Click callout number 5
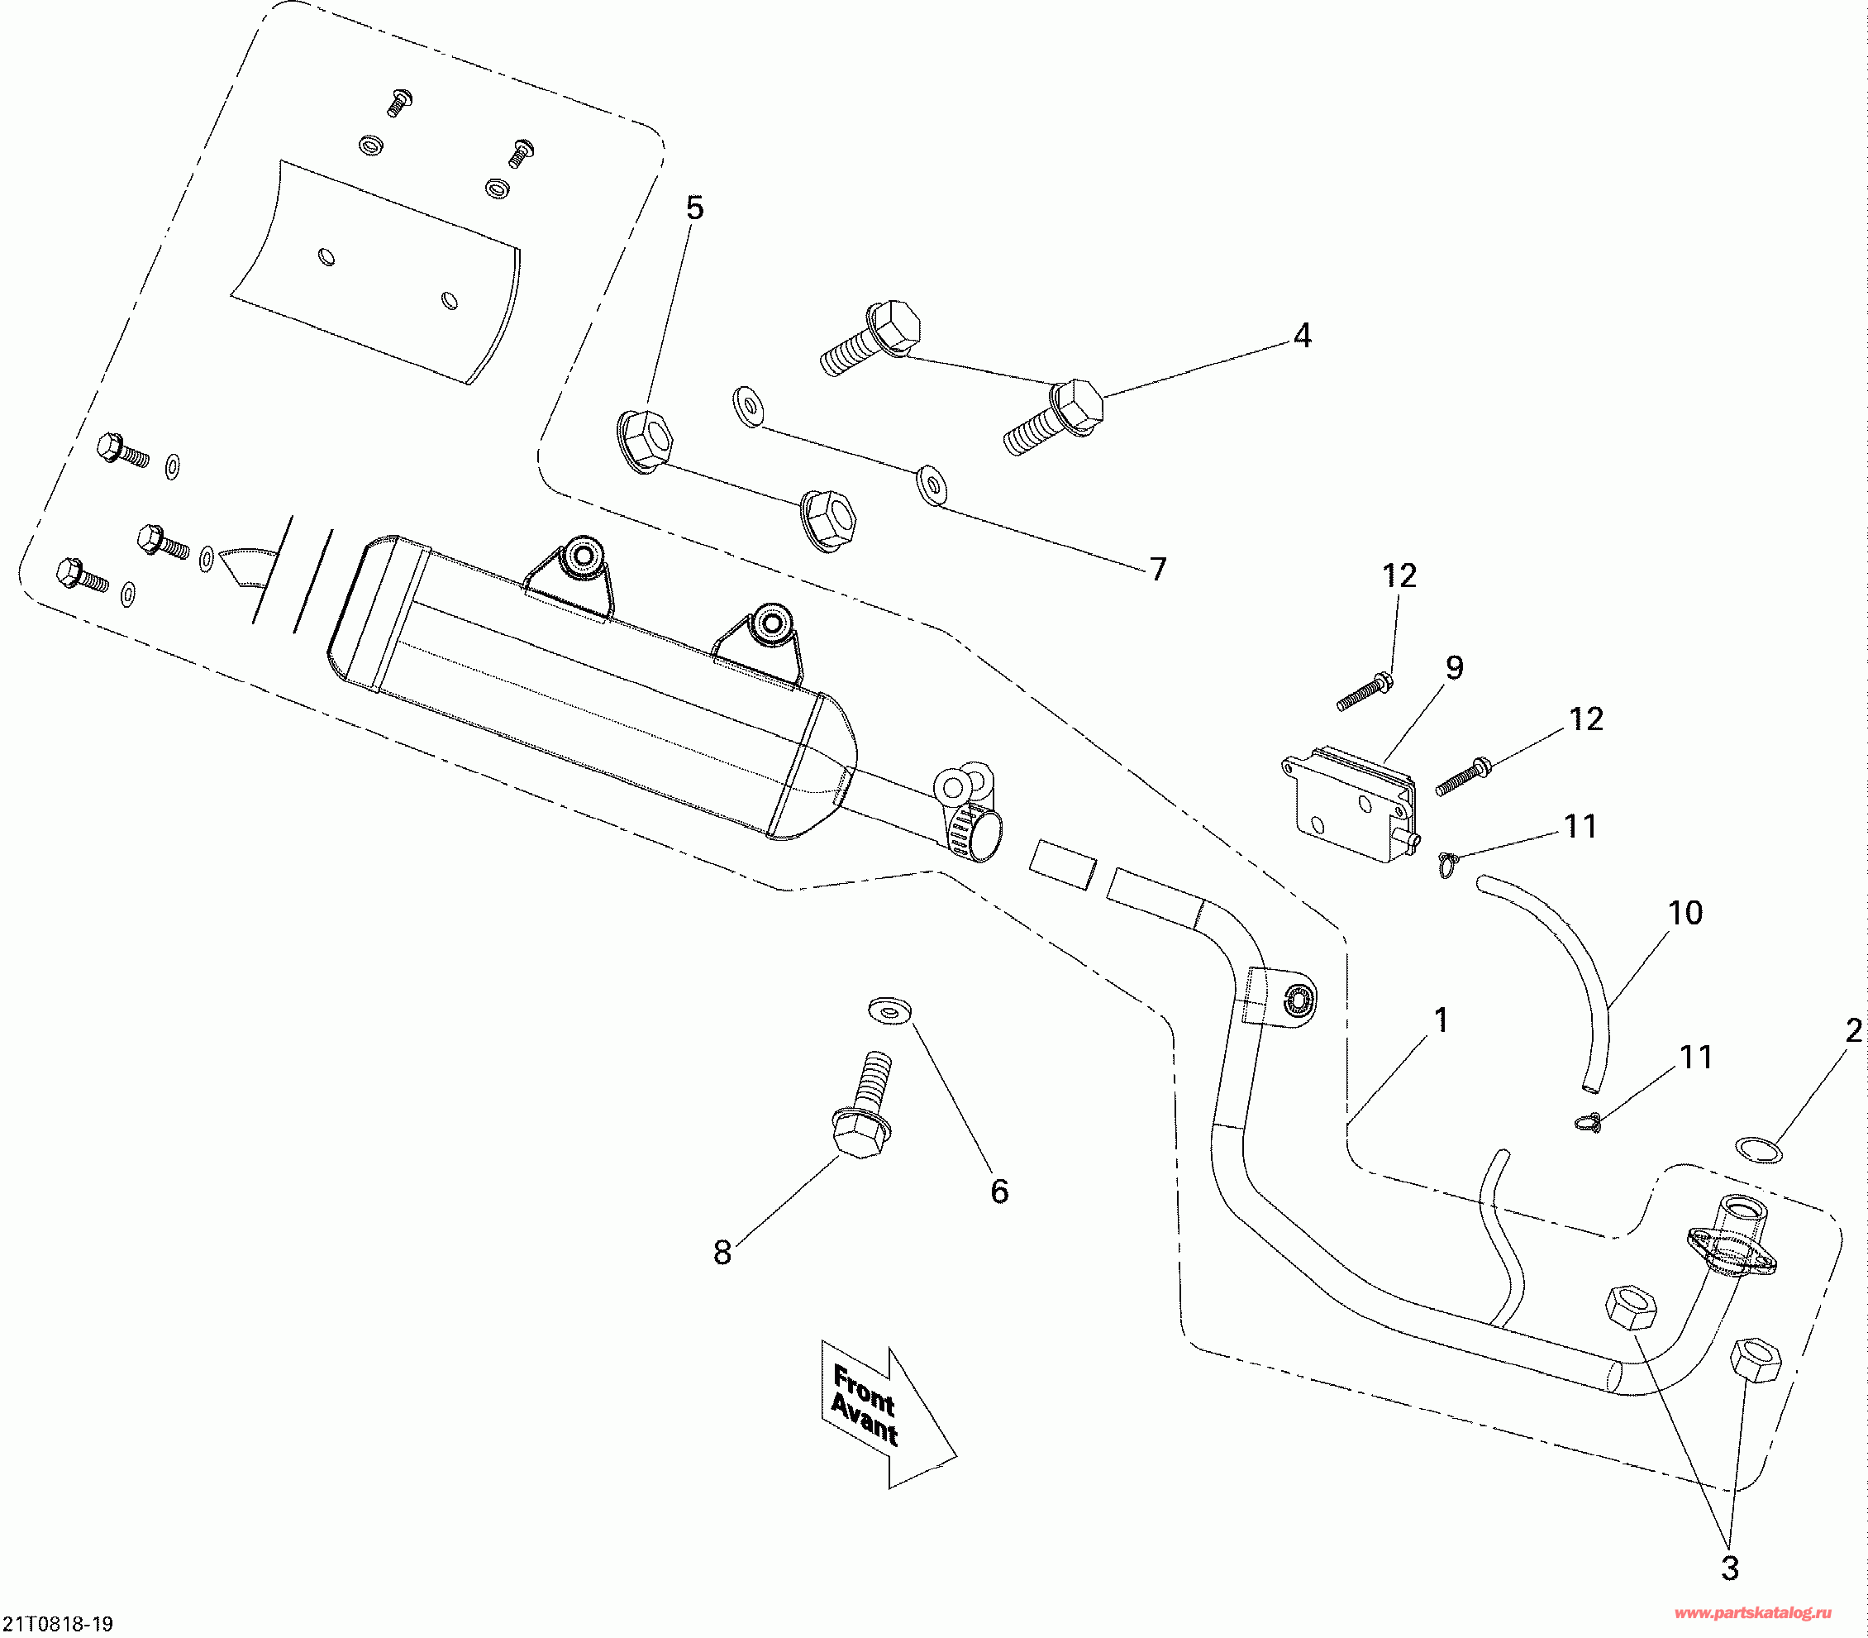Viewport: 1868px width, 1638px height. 694,209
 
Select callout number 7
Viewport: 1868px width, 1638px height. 1158,570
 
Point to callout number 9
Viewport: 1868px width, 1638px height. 1454,667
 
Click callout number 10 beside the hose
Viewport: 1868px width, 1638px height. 1685,912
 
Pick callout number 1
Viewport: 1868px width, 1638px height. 1442,1020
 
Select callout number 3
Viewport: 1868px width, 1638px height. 1729,1569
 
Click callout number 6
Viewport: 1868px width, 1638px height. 1000,1191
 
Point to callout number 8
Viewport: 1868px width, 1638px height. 722,1252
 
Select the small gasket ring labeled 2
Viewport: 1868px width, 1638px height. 1757,1151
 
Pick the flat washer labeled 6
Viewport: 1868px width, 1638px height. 889,1011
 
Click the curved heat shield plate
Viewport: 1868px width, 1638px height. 374,275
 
